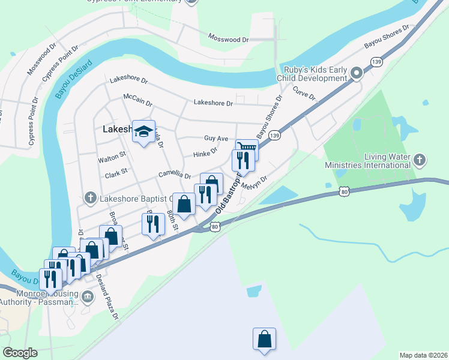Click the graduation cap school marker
pos(143,131)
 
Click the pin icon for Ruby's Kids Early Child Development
pos(357,73)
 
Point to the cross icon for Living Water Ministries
pos(420,160)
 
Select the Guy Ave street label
pos(216,138)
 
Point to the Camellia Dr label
pos(174,175)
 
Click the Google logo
pos(20,353)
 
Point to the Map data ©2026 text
pos(423,355)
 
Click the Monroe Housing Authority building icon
pos(88,295)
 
